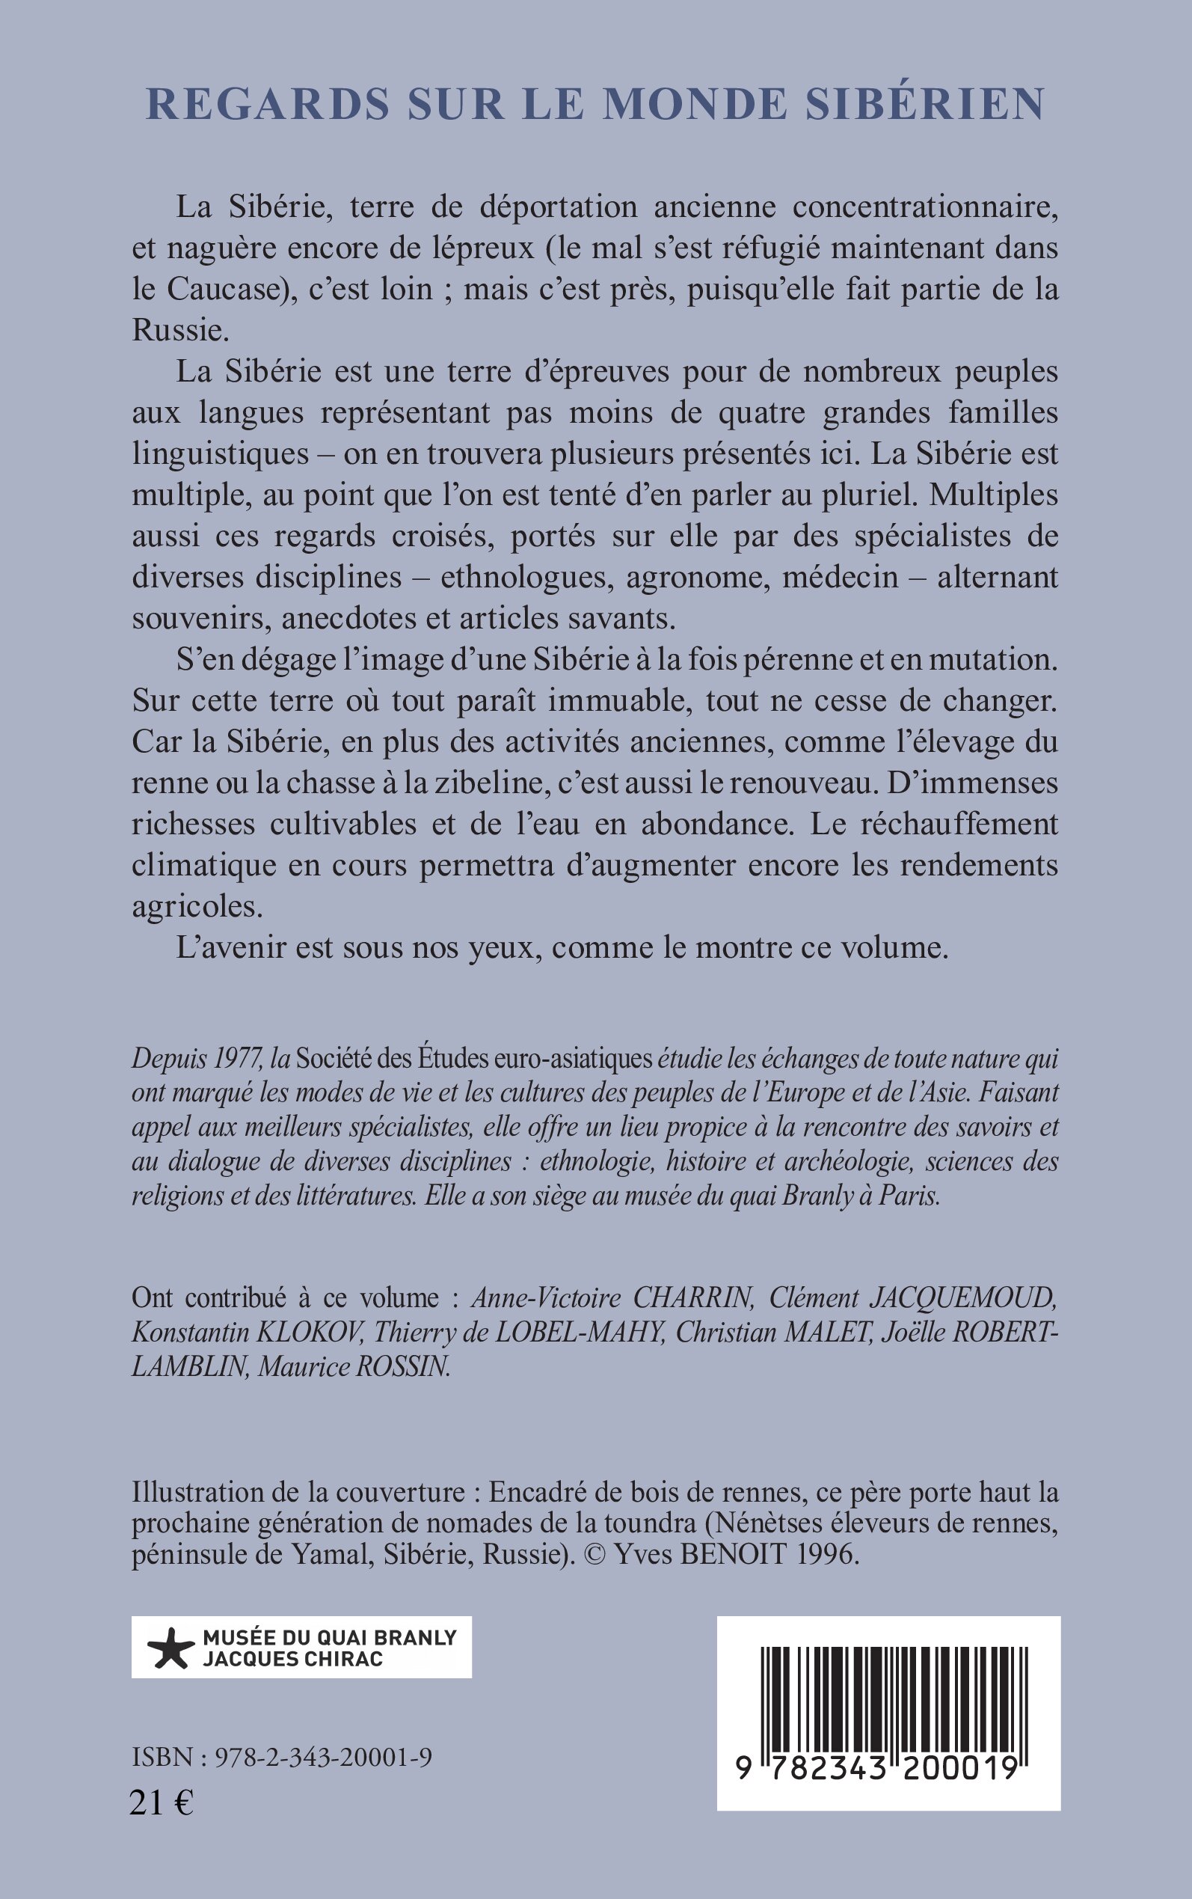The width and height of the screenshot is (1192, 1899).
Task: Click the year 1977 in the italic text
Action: coord(236,1058)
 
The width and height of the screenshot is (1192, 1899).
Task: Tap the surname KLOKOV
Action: coord(310,1332)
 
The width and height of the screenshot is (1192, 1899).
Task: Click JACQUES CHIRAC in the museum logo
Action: coord(292,1660)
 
